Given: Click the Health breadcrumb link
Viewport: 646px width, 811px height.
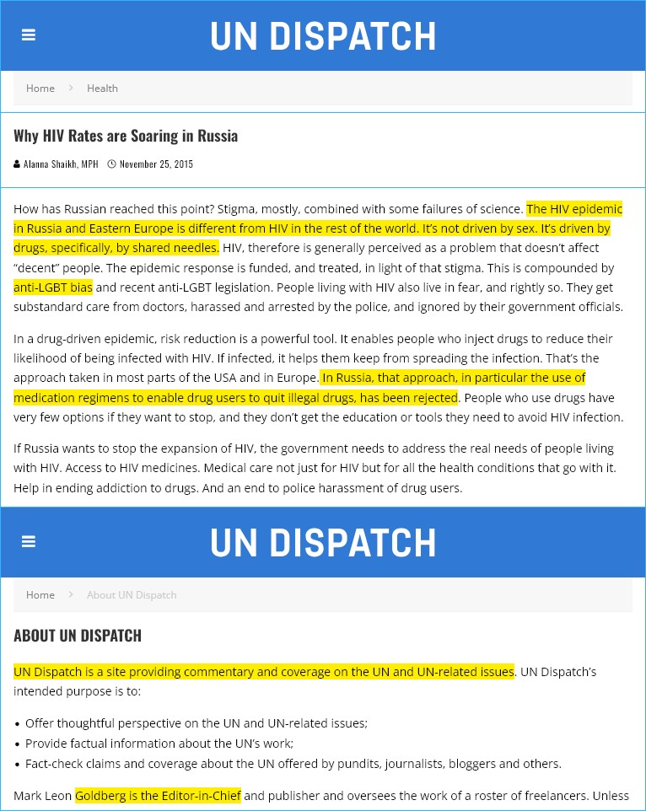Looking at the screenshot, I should click(x=102, y=89).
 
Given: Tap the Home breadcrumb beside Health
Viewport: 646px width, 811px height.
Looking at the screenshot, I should click(x=40, y=89).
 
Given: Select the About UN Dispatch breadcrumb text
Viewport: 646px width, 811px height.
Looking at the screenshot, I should click(x=132, y=595).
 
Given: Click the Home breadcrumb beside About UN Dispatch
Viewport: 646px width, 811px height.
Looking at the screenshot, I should click(x=40, y=595).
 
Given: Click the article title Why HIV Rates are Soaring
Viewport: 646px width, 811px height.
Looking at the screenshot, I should click(x=126, y=136).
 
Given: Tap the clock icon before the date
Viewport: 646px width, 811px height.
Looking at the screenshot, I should click(x=111, y=164).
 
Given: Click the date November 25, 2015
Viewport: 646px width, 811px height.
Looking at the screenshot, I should click(x=156, y=164).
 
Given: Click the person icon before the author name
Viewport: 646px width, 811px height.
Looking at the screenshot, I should click(x=17, y=164).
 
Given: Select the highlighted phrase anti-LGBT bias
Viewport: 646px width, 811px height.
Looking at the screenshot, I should click(x=53, y=287).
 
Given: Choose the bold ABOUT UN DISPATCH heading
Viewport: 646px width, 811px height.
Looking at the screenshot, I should click(x=78, y=636).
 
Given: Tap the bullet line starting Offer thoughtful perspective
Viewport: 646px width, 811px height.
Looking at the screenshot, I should click(x=196, y=723).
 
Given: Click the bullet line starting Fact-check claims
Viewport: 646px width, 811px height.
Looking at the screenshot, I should click(x=293, y=764).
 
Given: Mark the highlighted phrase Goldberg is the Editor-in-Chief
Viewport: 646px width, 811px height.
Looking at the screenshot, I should click(x=158, y=795).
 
